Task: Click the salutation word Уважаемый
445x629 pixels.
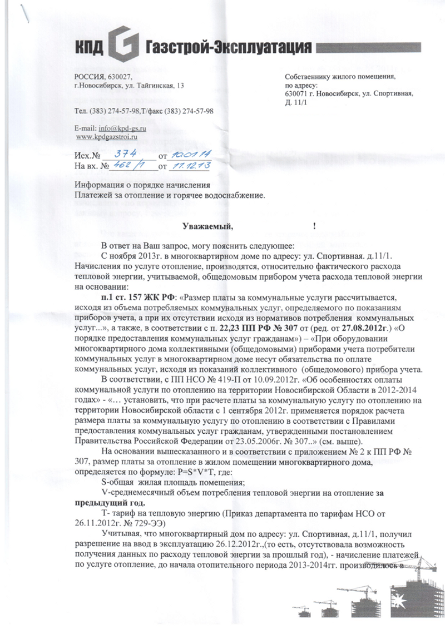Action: tap(206, 226)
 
